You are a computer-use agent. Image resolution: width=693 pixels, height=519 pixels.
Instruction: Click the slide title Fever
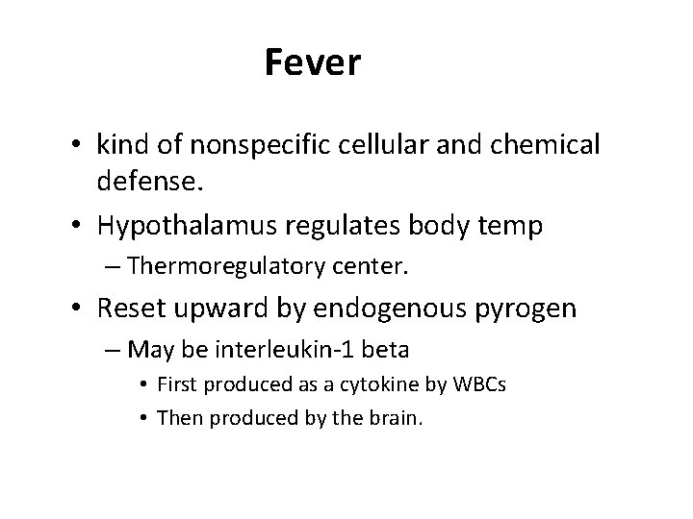(312, 63)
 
